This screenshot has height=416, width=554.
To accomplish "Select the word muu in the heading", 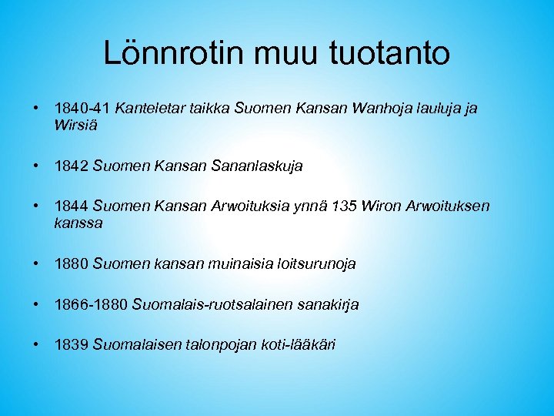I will tap(295, 54).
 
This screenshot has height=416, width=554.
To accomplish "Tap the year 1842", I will tap(72, 166).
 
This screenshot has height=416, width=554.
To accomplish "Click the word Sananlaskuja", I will tap(257, 166).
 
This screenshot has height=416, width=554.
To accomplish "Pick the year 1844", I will tap(72, 206).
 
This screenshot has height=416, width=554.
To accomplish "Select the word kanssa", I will tap(78, 223).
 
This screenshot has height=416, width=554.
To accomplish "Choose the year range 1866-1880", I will tap(92, 305).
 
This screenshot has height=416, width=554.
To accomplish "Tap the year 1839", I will tap(72, 345).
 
